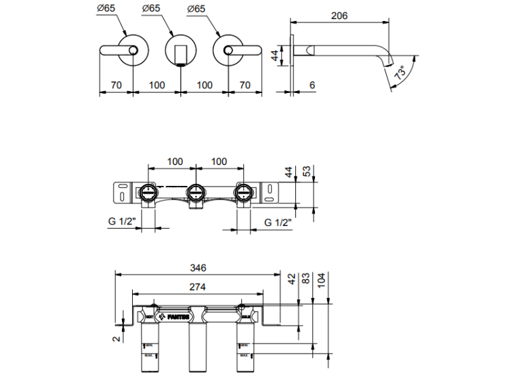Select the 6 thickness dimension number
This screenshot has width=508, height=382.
[312, 85]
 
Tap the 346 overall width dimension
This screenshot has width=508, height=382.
[198, 267]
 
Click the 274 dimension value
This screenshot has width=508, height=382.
[198, 288]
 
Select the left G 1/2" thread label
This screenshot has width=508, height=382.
[123, 222]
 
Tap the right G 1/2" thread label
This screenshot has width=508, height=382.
[278, 222]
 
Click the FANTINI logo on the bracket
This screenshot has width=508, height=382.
[171, 316]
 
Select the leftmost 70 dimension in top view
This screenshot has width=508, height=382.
[116, 85]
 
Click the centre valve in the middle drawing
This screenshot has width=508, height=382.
[196, 193]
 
